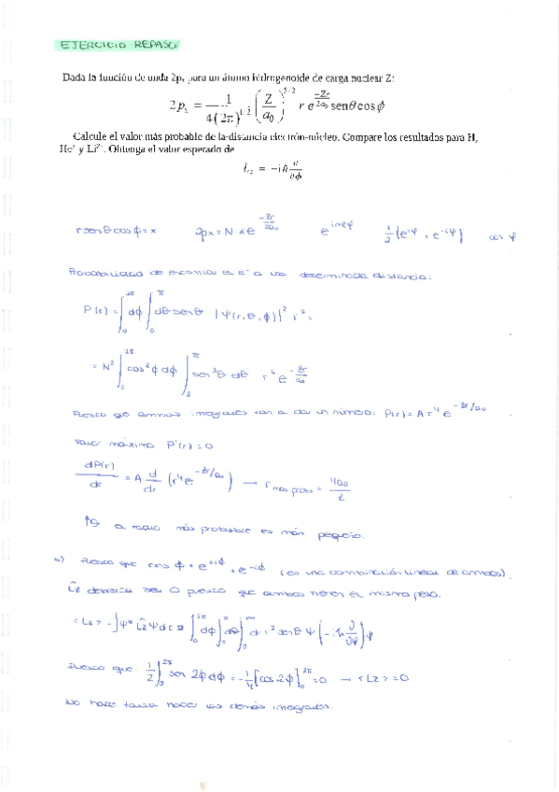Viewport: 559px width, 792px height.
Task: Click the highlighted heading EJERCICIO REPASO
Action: click(x=118, y=45)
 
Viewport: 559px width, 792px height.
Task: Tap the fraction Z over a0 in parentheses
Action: click(x=267, y=104)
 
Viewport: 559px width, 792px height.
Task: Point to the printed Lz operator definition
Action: click(x=266, y=169)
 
